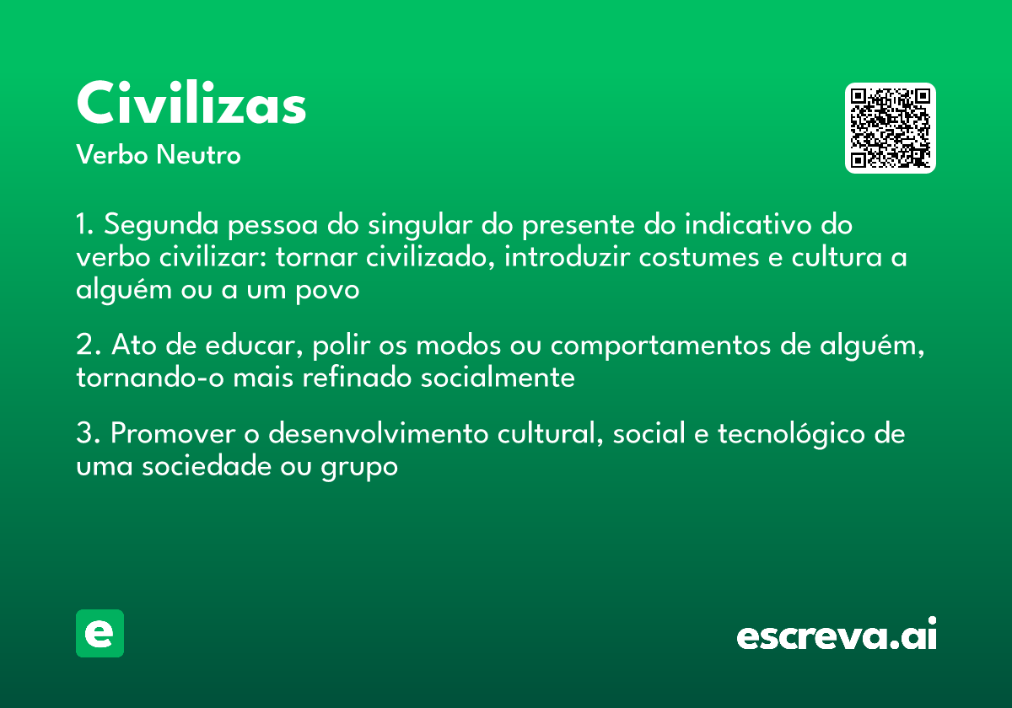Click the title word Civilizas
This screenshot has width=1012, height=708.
point(191,105)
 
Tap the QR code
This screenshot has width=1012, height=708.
point(891,128)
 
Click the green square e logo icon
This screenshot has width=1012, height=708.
point(100,633)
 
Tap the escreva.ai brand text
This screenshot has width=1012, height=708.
point(837,636)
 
